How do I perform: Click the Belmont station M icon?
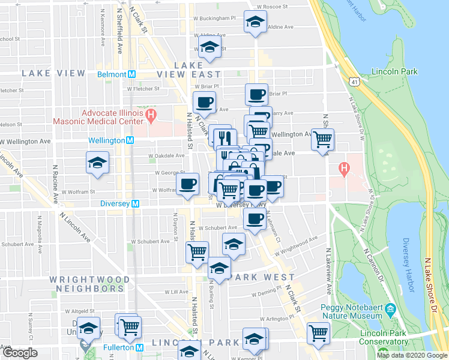tap(131, 74)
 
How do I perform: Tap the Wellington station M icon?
tap(130, 140)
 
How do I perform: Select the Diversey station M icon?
tap(136, 203)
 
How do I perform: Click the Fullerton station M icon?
tap(140, 347)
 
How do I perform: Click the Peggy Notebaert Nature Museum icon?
tap(391, 310)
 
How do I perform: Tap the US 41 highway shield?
tap(353, 80)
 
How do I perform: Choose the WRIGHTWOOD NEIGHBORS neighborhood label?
tap(90, 284)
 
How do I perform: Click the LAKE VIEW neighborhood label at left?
tap(53, 73)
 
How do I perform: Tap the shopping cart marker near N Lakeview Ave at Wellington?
tap(323, 139)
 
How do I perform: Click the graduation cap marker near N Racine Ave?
tap(97, 163)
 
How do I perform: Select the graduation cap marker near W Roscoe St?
tap(255, 22)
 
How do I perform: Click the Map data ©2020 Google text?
tap(412, 355)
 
